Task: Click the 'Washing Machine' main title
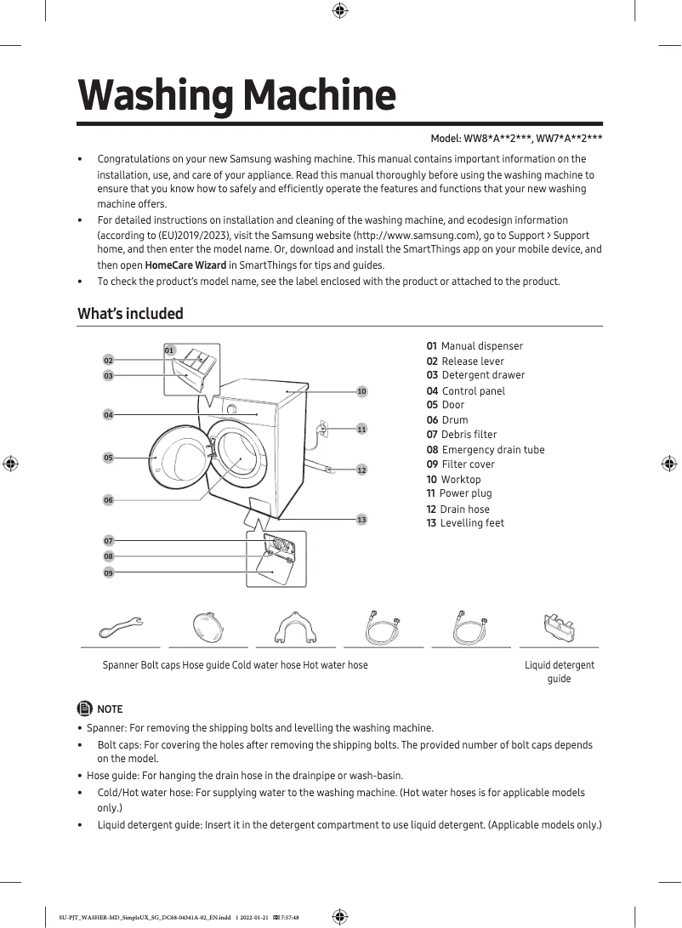coord(236,96)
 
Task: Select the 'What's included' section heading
coord(130,314)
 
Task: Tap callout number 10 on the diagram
coord(361,391)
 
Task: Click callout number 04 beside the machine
coord(108,415)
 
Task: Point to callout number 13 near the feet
coord(361,519)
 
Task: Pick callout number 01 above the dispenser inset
coord(169,350)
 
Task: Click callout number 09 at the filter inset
coord(109,573)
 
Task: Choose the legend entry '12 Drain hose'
coord(458,509)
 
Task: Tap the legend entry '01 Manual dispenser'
coord(475,346)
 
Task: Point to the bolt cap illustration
coord(208,629)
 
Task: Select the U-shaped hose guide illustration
coord(297,629)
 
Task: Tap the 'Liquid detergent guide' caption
coord(559,671)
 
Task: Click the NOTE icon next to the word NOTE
coord(84,709)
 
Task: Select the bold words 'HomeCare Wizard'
coord(185,265)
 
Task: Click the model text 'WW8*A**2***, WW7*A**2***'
coord(533,139)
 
